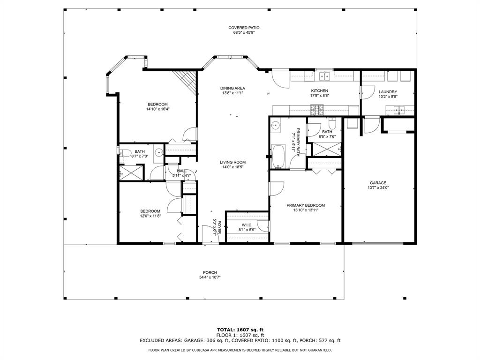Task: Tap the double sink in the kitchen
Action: [324, 76]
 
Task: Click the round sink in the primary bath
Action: [276, 125]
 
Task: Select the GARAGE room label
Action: [378, 183]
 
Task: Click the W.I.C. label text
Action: [247, 225]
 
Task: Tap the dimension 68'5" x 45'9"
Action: [244, 33]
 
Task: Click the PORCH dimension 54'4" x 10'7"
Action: [210, 277]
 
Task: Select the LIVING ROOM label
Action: [233, 162]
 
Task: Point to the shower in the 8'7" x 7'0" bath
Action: [130, 172]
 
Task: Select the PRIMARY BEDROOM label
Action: [306, 205]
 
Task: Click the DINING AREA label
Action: [233, 88]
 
